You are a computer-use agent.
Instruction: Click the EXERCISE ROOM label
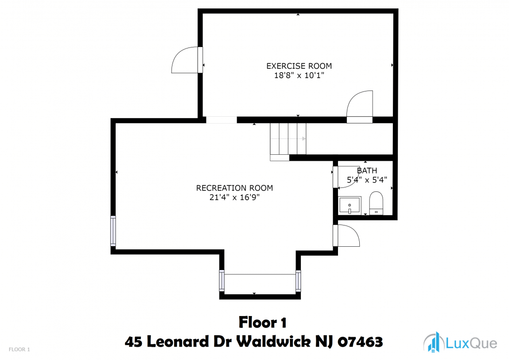pyautogui.click(x=299, y=66)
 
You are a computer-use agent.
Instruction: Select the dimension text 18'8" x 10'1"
pyautogui.click(x=299, y=76)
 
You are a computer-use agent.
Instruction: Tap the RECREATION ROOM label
pyautogui.click(x=234, y=188)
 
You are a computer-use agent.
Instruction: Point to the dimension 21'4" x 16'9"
pyautogui.click(x=234, y=197)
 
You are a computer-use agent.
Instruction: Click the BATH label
pyautogui.click(x=367, y=171)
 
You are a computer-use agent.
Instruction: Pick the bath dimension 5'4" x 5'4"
pyautogui.click(x=367, y=180)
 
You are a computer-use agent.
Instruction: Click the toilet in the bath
pyautogui.click(x=376, y=203)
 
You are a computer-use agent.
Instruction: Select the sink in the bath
pyautogui.click(x=349, y=205)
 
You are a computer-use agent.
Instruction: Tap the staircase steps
pyautogui.click(x=288, y=139)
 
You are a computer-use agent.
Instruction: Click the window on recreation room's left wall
pyautogui.click(x=113, y=231)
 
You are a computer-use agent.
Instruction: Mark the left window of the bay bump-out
pyautogui.click(x=222, y=280)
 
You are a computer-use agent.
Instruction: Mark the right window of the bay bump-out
pyautogui.click(x=298, y=280)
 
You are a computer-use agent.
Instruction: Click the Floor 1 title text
pyautogui.click(x=262, y=322)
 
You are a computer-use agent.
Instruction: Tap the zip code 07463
pyautogui.click(x=360, y=342)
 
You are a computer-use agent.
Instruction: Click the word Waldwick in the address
pyautogui.click(x=273, y=342)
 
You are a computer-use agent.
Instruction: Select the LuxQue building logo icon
pyautogui.click(x=434, y=342)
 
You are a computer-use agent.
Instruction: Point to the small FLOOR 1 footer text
pyautogui.click(x=19, y=350)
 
